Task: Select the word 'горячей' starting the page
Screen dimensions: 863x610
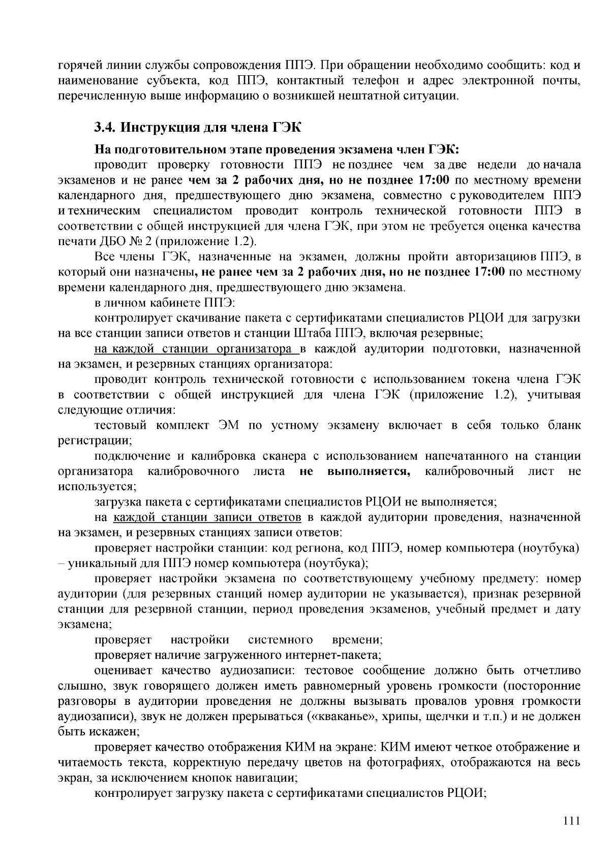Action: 75,66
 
